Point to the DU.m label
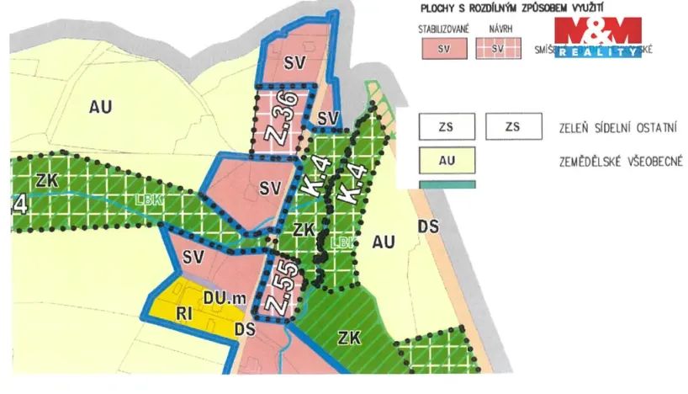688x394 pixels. pos(220,297)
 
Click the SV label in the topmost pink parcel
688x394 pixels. pos(293,61)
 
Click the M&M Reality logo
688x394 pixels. pos(597,38)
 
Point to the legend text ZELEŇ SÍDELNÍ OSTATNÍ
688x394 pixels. pos(618,128)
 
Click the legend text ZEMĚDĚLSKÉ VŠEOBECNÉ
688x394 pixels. pos(618,160)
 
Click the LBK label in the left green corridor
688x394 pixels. pos(148,200)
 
